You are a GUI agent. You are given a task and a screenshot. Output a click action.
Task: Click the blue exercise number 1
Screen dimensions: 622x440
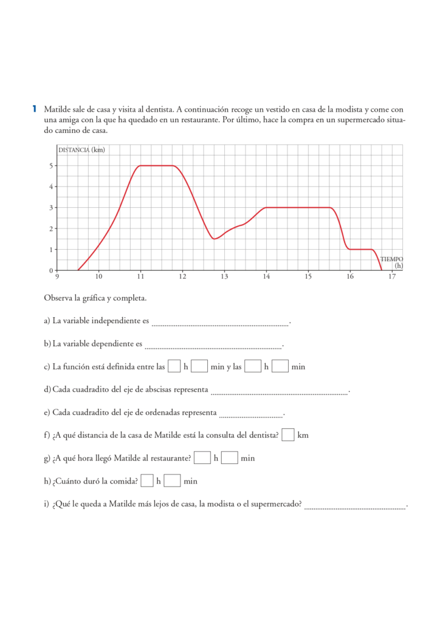tap(35, 109)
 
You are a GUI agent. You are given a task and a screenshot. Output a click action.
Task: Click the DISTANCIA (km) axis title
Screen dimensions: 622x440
tap(81, 150)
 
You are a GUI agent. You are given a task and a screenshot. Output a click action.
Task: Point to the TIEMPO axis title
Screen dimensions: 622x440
tap(391, 259)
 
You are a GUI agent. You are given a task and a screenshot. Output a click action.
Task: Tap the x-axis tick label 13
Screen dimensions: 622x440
tap(224, 277)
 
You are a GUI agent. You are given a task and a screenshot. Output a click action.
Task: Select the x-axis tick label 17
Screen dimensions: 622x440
tap(391, 277)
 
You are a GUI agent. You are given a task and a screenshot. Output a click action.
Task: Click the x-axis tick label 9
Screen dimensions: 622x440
tap(57, 277)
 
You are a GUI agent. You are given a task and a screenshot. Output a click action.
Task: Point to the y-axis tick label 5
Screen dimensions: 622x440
tap(52, 165)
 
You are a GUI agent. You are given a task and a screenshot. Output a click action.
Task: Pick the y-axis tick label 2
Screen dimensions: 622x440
tap(52, 228)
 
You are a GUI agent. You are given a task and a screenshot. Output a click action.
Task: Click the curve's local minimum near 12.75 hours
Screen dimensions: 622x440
tap(214, 239)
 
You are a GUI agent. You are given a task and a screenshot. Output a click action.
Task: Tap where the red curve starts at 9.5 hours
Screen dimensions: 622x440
tap(78, 270)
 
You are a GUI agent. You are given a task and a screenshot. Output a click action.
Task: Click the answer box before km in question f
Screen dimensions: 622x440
tap(289, 435)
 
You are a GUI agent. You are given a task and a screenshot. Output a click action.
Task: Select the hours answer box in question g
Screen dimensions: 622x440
tap(202, 458)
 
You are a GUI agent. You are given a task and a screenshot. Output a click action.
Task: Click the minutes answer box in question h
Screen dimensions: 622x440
tap(173, 481)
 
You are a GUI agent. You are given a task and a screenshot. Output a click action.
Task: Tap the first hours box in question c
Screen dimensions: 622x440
tap(174, 366)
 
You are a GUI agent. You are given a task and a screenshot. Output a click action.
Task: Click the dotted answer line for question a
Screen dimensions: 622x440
tap(220, 325)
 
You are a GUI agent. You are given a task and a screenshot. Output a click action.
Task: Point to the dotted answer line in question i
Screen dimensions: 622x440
tap(355, 508)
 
